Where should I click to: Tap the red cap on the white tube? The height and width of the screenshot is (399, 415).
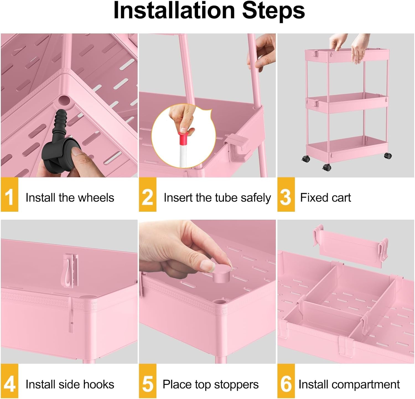183,138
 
